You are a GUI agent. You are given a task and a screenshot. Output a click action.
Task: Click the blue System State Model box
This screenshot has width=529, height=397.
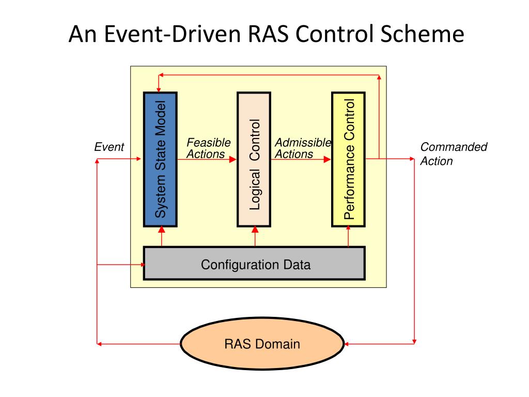[x=160, y=159]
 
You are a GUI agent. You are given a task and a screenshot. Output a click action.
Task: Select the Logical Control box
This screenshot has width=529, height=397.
[x=254, y=159]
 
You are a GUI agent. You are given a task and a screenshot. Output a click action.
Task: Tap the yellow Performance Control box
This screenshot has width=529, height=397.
[x=348, y=159]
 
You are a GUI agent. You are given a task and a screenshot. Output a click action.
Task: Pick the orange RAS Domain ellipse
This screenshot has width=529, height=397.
[x=262, y=343]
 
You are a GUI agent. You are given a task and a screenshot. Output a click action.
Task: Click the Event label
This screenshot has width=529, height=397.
[x=109, y=147]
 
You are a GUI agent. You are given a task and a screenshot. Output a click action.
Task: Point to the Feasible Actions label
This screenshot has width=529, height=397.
[x=208, y=148]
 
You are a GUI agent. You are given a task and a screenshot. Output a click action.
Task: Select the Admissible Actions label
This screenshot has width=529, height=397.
[x=303, y=148]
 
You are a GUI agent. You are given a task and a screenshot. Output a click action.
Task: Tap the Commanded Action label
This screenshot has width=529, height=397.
[x=454, y=154]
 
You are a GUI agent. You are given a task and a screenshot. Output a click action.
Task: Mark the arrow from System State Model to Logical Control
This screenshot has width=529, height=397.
[x=207, y=160]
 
